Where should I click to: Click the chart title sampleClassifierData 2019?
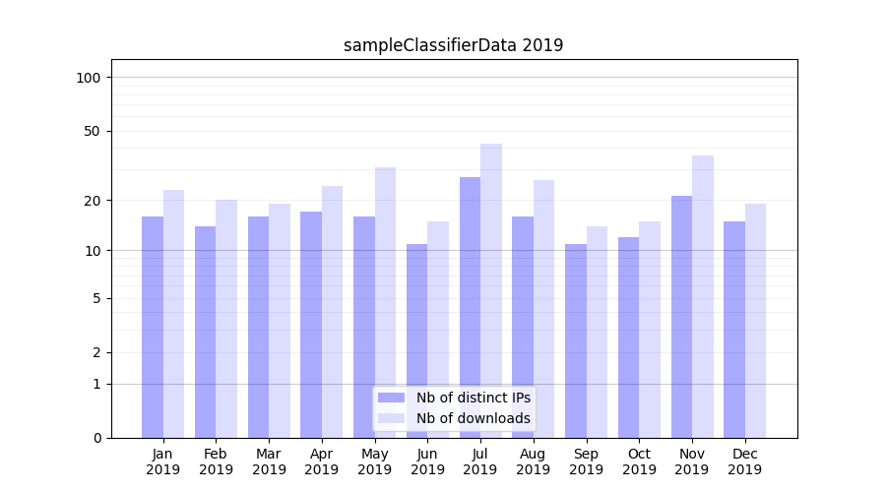coord(453,45)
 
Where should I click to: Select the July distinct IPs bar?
coord(470,307)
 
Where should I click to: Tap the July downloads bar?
coord(491,290)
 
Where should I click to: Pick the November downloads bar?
coord(703,296)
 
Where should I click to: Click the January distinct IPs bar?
coord(153,327)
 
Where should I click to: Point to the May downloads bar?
coord(385,302)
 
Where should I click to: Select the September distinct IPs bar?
coord(576,340)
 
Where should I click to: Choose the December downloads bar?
coord(755,321)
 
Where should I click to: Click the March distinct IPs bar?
coord(258,327)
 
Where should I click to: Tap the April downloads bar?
coord(333,312)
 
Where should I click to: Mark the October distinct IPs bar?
coord(628,338)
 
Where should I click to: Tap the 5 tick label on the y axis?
coord(97,298)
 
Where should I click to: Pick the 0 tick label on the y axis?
coord(97,438)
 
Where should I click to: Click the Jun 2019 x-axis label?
coord(427,461)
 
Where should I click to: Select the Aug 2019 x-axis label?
coord(534,461)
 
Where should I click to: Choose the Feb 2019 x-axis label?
coord(216,461)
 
